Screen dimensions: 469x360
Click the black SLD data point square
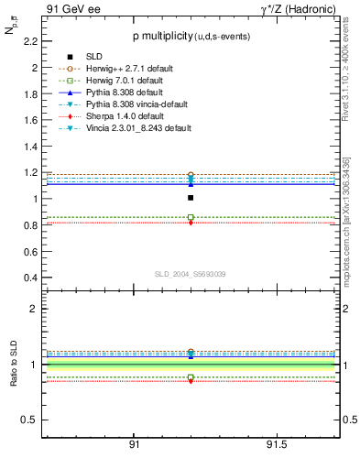(x=191, y=197)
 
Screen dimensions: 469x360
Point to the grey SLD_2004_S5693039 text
(x=191, y=274)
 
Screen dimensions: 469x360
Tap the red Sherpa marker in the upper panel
(x=191, y=223)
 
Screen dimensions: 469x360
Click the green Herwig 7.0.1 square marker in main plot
(x=191, y=217)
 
